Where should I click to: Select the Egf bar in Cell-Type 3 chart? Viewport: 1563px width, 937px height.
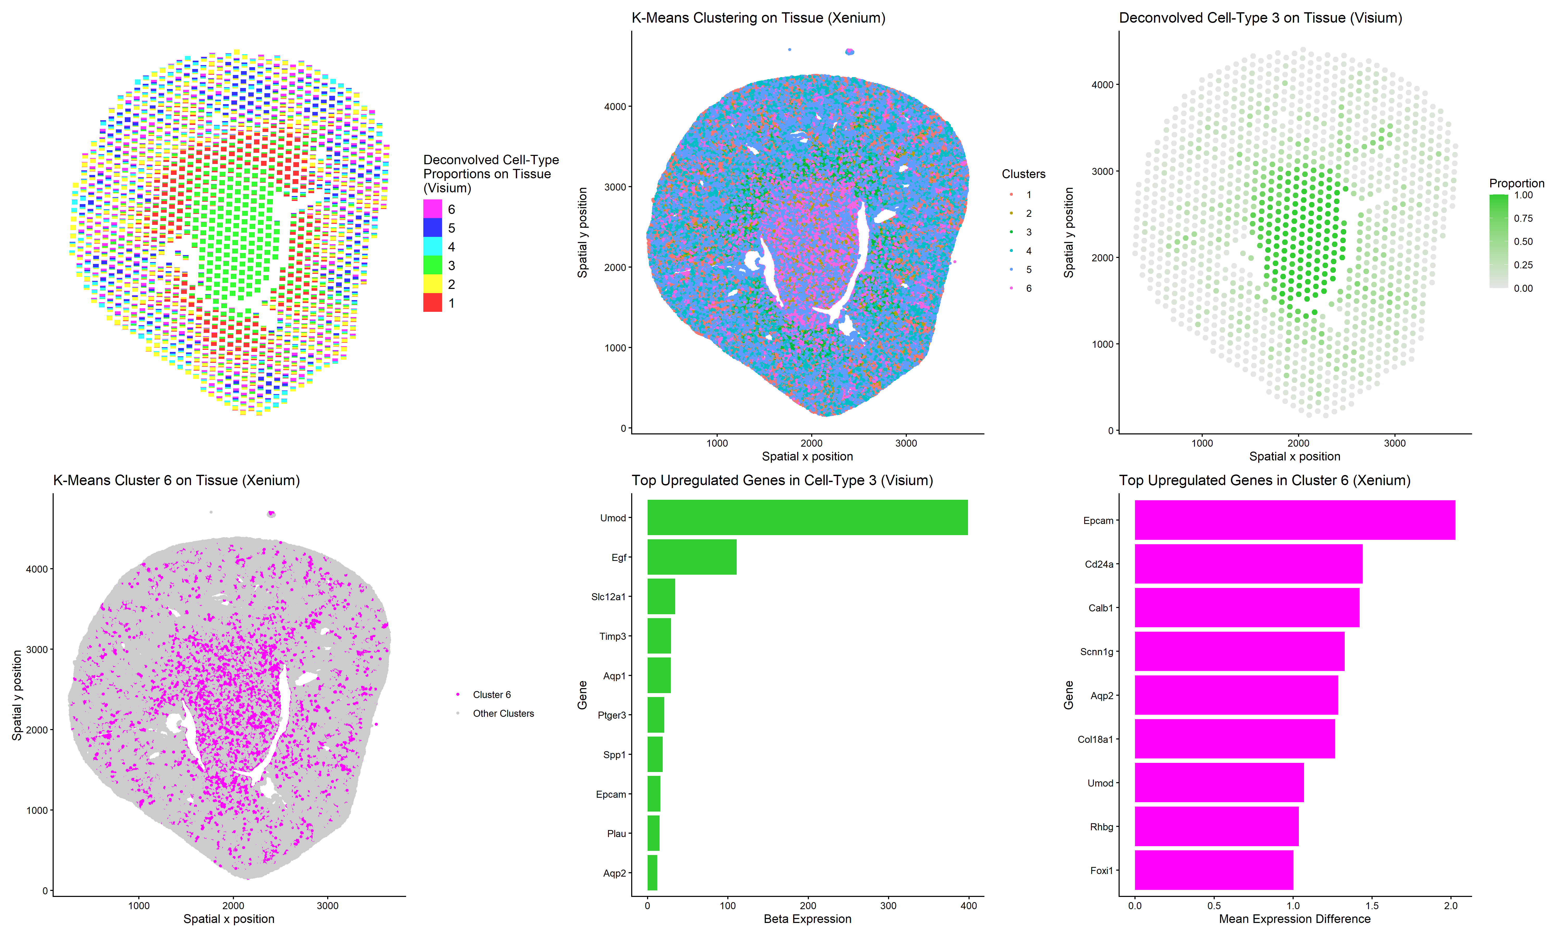[x=692, y=557]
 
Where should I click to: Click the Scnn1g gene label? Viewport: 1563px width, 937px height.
[x=1096, y=652]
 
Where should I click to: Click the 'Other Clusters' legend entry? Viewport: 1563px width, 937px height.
[x=503, y=713]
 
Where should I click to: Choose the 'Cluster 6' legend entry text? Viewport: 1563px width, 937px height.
[x=492, y=694]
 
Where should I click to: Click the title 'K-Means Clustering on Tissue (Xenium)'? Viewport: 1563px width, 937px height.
[x=758, y=18]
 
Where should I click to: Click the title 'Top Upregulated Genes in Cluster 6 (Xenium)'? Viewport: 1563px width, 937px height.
[x=1264, y=480]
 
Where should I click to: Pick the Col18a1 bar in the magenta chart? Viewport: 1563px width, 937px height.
[x=1235, y=739]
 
